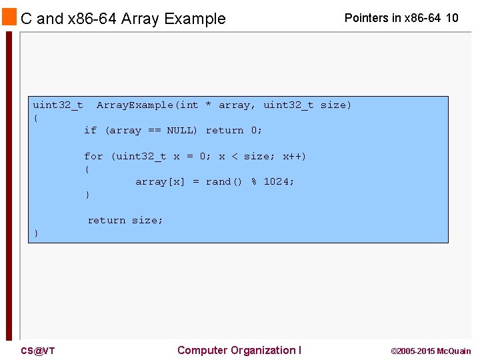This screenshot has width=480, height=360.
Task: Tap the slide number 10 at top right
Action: coord(451,18)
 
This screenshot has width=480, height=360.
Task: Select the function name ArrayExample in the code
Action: coord(135,105)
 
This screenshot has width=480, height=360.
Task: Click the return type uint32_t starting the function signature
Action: coord(58,105)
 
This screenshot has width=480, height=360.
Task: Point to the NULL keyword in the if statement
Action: coord(181,130)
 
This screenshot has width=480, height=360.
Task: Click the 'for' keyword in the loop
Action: coord(93,156)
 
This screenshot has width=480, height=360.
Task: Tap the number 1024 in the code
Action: coord(279,181)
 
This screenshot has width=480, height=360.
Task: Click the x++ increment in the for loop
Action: coord(294,156)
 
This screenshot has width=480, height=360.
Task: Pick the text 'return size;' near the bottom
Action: coord(125,220)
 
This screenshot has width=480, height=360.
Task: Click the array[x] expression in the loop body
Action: coord(160,181)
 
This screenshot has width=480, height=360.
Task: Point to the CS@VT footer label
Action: coord(38,351)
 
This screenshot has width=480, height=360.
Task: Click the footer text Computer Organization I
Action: coord(239,350)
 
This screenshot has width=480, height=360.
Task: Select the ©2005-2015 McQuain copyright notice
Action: coord(431,351)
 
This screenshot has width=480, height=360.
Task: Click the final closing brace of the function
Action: coord(36,233)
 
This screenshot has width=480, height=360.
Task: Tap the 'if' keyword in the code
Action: coord(90,130)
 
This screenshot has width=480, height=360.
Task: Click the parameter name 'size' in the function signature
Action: coord(335,105)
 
